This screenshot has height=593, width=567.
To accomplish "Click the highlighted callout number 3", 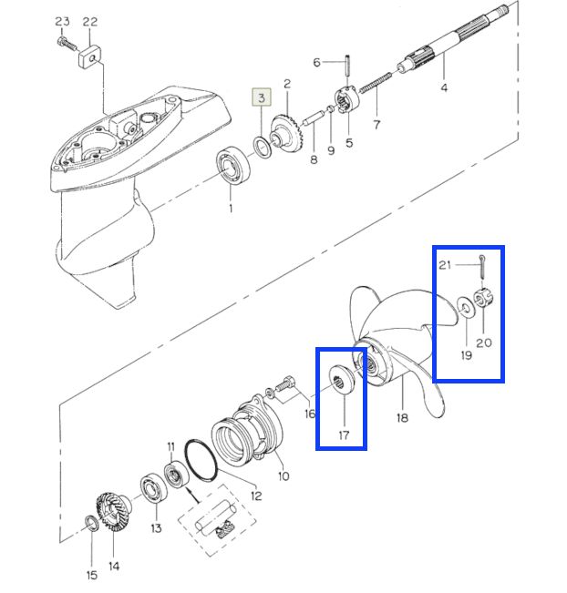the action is point(262,97).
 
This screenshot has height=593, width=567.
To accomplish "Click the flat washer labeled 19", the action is point(467,308).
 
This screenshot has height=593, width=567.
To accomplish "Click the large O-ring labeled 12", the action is point(201,460).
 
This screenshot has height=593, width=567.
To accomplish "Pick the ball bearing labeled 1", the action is point(233,166).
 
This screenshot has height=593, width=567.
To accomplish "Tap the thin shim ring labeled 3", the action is point(262,148).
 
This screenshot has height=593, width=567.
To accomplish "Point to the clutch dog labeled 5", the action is point(348,99).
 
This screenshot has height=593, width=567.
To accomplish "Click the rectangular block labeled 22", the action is point(89,56).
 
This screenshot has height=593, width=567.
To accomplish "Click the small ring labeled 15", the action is point(91,524).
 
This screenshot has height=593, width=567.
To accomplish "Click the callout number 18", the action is point(402,417).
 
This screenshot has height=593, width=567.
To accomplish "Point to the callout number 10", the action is point(283,475).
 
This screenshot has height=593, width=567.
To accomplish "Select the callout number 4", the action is point(444,87).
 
